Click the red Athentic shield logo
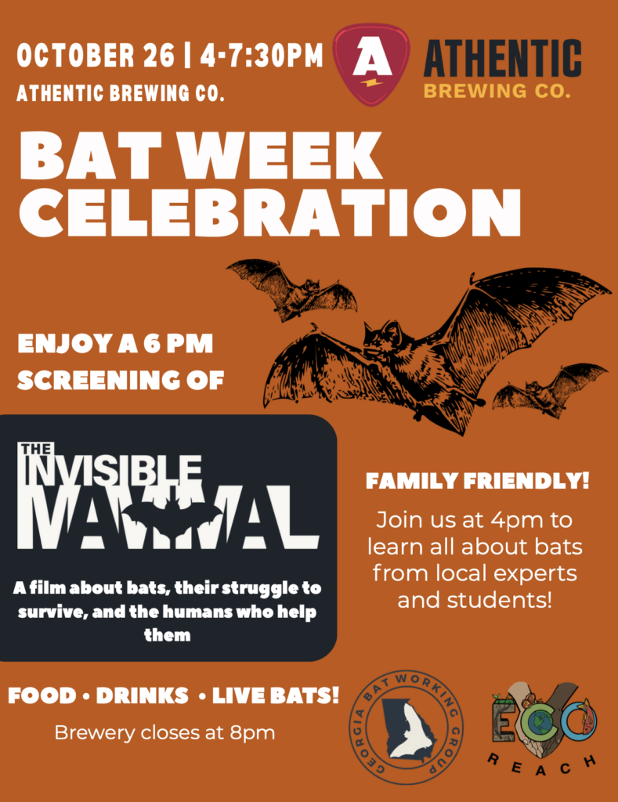[x=371, y=64]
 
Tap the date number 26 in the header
[x=158, y=56]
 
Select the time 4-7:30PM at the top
[x=262, y=56]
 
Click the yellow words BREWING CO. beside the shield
[x=497, y=91]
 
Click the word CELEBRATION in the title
[x=269, y=212]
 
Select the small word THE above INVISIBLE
[x=36, y=449]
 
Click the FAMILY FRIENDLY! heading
[x=478, y=481]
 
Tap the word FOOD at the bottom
[x=42, y=695]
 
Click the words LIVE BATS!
[x=276, y=695]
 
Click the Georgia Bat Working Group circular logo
[x=407, y=727]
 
